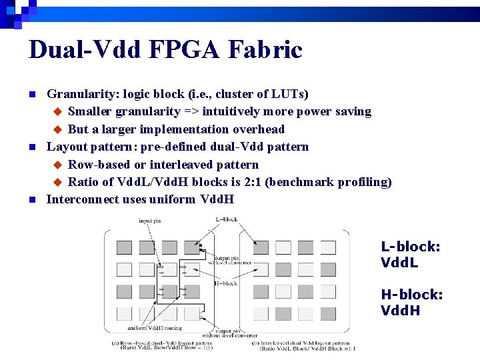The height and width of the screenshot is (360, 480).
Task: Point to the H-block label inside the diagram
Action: coord(225,283)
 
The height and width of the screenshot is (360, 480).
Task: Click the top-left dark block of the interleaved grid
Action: coord(260,248)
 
